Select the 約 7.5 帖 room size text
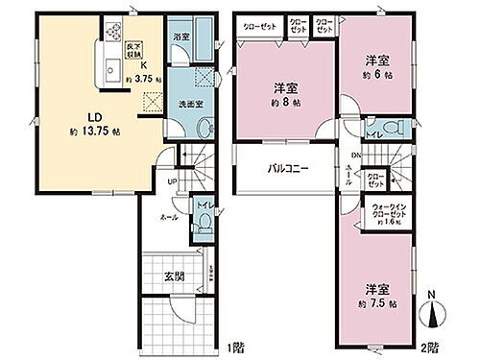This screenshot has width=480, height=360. point(376,301)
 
